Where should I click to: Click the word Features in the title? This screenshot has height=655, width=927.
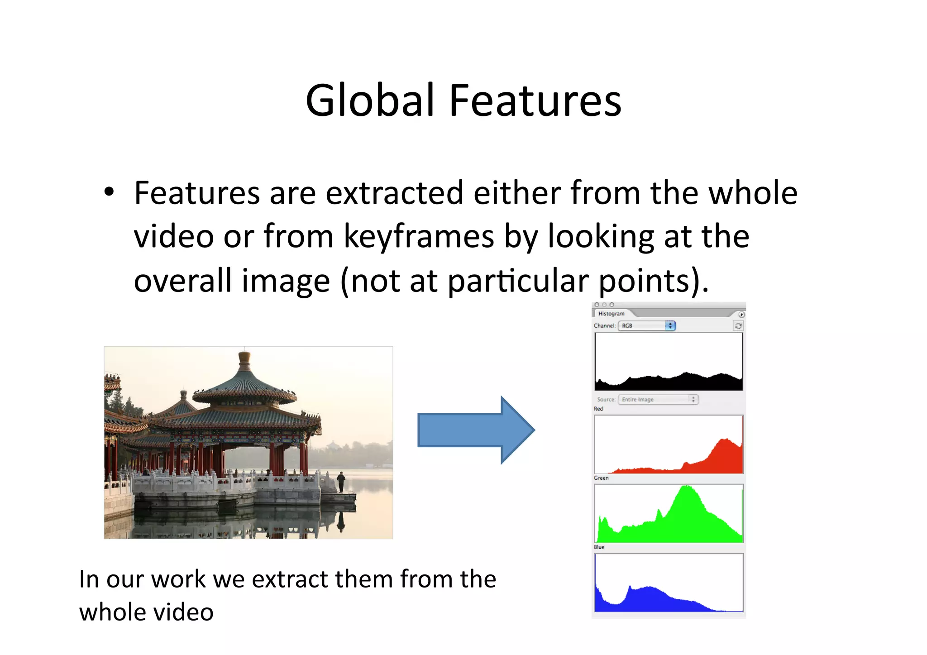pyautogui.click(x=535, y=100)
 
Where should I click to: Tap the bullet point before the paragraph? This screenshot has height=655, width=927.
pyautogui.click(x=109, y=192)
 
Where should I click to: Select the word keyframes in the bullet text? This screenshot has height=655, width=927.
pyautogui.click(x=419, y=237)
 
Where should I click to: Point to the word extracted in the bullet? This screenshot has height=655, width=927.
pyautogui.click(x=394, y=193)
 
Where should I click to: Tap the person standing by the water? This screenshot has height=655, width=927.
pyautogui.click(x=341, y=482)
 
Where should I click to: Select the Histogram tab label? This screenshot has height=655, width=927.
pyautogui.click(x=611, y=314)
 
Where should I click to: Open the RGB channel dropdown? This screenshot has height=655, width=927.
pyautogui.click(x=647, y=325)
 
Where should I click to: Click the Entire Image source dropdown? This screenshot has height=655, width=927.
pyautogui.click(x=658, y=399)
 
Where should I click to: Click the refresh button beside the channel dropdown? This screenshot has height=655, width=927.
pyautogui.click(x=738, y=325)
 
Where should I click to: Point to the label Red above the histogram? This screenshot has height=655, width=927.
pyautogui.click(x=598, y=409)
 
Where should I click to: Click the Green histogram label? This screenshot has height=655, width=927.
pyautogui.click(x=601, y=478)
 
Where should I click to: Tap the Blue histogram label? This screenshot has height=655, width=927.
pyautogui.click(x=599, y=547)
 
